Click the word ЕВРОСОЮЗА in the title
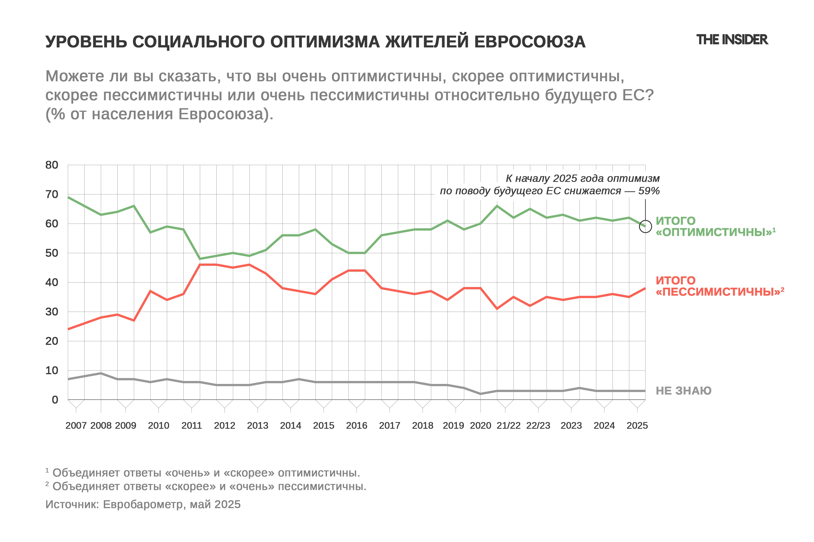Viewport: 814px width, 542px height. (x=530, y=42)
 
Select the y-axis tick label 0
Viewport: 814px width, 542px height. (x=55, y=400)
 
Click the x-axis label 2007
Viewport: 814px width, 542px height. (x=76, y=425)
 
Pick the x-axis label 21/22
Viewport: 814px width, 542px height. (x=508, y=425)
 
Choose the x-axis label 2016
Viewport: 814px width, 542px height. (x=357, y=425)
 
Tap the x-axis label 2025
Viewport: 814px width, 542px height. (x=637, y=425)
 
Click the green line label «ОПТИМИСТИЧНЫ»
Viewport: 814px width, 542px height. (x=715, y=232)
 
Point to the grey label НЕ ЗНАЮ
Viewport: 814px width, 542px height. (x=684, y=391)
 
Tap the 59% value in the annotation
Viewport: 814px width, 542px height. (x=649, y=191)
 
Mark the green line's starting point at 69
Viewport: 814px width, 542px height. (x=68, y=197)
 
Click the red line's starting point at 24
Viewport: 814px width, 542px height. (x=68, y=329)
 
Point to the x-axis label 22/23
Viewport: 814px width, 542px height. (x=538, y=425)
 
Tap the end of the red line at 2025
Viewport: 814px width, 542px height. (x=645, y=288)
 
